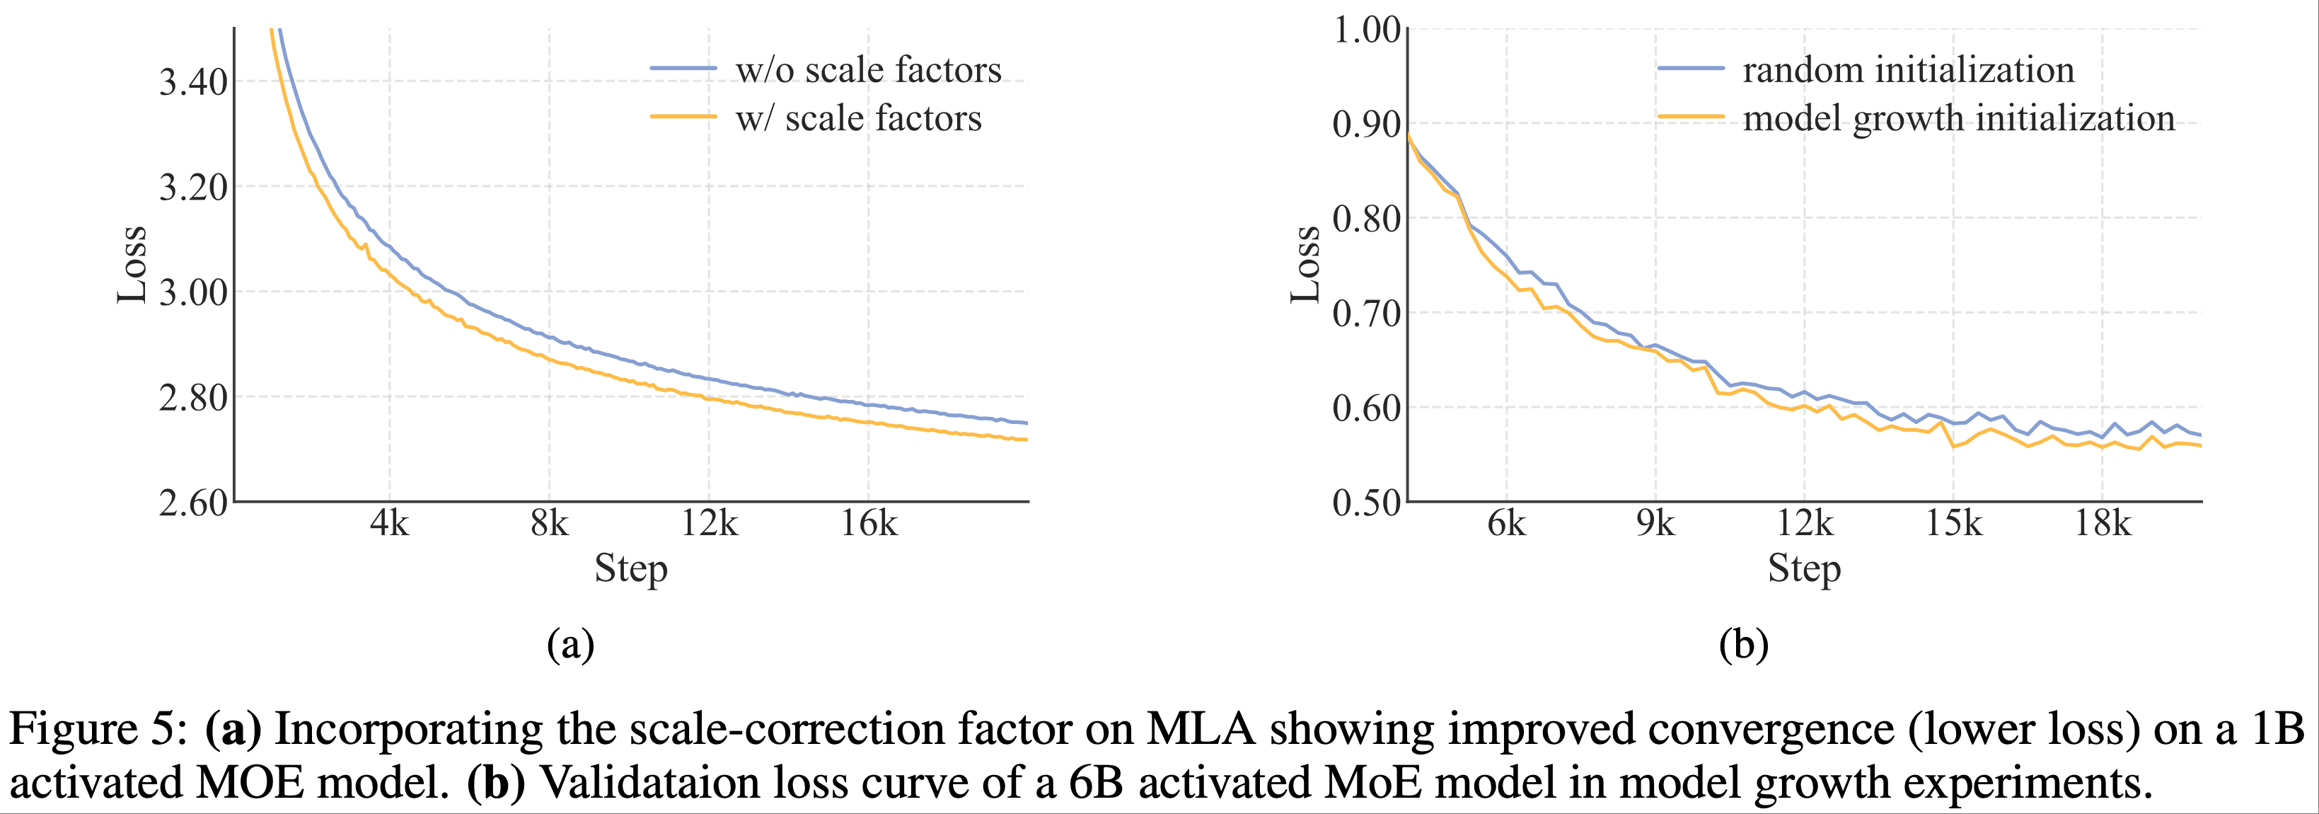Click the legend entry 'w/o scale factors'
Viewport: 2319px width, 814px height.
coord(868,70)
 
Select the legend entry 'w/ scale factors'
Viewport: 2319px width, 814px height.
coord(858,119)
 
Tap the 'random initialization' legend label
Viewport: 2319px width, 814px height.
coord(1907,70)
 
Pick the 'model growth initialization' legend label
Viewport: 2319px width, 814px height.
coord(1958,119)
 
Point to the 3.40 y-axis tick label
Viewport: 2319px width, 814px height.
coord(192,83)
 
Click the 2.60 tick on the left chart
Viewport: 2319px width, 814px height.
coord(192,503)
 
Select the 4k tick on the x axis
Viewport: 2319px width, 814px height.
coord(389,523)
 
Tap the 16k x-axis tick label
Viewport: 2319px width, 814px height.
coord(869,523)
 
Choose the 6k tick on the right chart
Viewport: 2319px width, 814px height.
coord(1506,523)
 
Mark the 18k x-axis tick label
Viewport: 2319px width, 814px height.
coord(2103,523)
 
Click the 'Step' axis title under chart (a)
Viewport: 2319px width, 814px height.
coord(631,569)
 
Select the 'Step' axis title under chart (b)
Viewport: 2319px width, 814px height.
coord(1804,569)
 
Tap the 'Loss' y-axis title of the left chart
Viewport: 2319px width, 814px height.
coord(132,265)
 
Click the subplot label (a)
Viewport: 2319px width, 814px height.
coord(571,645)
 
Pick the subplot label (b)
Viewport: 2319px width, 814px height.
coord(1744,645)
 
